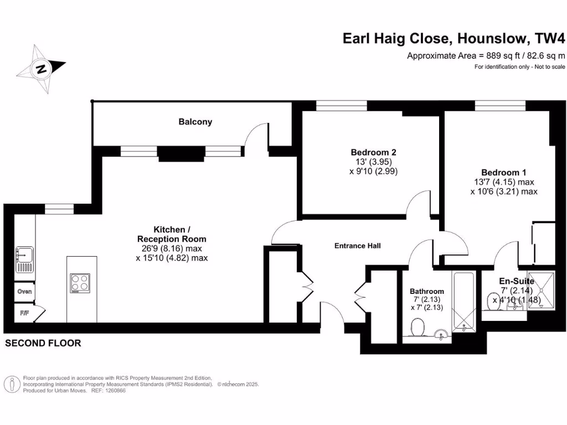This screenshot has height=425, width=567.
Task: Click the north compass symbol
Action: pyautogui.click(x=41, y=69)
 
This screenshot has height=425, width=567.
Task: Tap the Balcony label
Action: pyautogui.click(x=195, y=122)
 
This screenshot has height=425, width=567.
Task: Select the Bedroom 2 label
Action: pyautogui.click(x=373, y=152)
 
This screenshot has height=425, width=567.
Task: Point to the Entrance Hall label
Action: pyautogui.click(x=357, y=246)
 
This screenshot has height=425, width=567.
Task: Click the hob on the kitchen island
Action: pyautogui.click(x=80, y=283)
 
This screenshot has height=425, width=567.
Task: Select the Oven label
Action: pyautogui.click(x=24, y=292)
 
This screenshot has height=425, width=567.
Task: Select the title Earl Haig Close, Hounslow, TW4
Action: pyautogui.click(x=454, y=39)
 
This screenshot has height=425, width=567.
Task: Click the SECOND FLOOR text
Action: pyautogui.click(x=43, y=343)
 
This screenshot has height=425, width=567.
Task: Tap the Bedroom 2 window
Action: pyautogui.click(x=341, y=106)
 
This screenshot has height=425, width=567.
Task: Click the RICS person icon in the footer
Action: pyautogui.click(x=12, y=383)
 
